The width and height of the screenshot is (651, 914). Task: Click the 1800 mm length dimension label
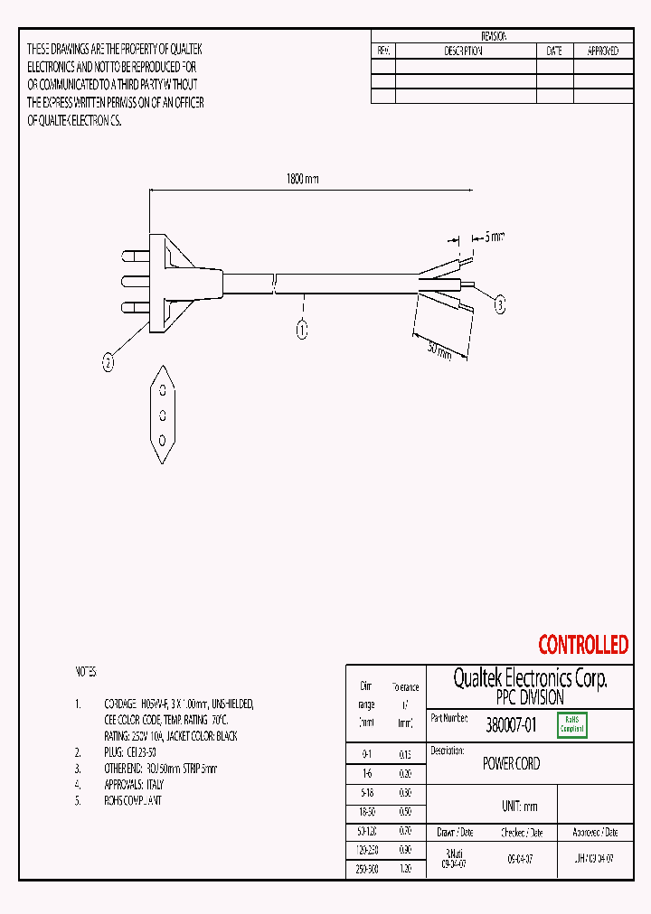pyautogui.click(x=302, y=179)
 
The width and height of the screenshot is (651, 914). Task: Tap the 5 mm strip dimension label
pyautogui.click(x=493, y=238)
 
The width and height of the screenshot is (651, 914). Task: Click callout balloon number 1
pyautogui.click(x=302, y=330)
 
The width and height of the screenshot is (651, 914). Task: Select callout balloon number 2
pyautogui.click(x=108, y=363)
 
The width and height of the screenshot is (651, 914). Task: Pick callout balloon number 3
pyautogui.click(x=499, y=305)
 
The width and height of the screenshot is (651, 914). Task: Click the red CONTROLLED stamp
pyautogui.click(x=582, y=645)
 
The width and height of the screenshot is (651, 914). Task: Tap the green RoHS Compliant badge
pyautogui.click(x=572, y=724)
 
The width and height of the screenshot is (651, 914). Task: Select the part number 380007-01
pyautogui.click(x=511, y=724)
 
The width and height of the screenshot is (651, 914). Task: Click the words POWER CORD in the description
pyautogui.click(x=511, y=764)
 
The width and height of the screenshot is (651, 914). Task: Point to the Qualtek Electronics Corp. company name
pyautogui.click(x=529, y=679)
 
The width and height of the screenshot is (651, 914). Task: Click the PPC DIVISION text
pyautogui.click(x=529, y=698)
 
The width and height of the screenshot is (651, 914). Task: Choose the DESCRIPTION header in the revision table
pyautogui.click(x=463, y=51)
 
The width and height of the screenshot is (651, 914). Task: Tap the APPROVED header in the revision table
pyautogui.click(x=602, y=51)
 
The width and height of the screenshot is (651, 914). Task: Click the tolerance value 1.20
pyautogui.click(x=406, y=868)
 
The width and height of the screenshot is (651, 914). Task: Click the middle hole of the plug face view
pyautogui.click(x=162, y=415)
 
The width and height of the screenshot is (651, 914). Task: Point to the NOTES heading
pyautogui.click(x=85, y=673)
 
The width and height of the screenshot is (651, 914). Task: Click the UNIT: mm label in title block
pyautogui.click(x=518, y=807)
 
